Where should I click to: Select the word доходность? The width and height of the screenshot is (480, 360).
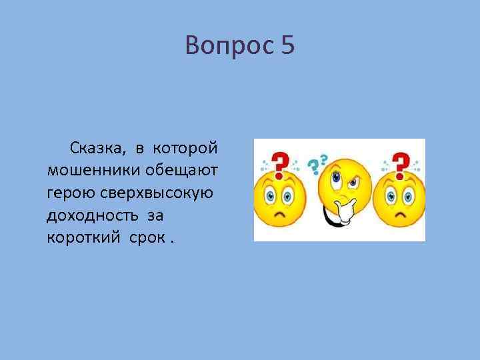click(x=87, y=216)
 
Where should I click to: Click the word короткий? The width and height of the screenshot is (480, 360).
click(x=77, y=239)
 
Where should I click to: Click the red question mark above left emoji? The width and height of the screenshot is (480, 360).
click(x=281, y=163)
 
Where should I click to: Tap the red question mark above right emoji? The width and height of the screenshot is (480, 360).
click(x=400, y=163)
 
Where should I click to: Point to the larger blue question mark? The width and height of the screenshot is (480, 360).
click(x=312, y=167)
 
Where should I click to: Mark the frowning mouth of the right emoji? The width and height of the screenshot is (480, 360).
click(x=399, y=217)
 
